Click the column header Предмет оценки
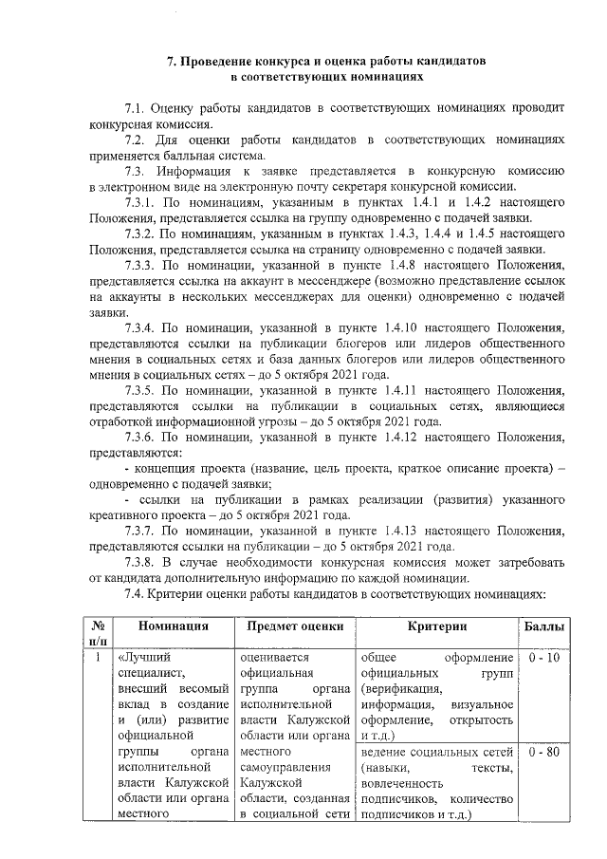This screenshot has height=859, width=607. point(294,627)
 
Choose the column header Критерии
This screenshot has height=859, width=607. point(436,627)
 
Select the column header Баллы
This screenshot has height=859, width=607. point(545,627)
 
